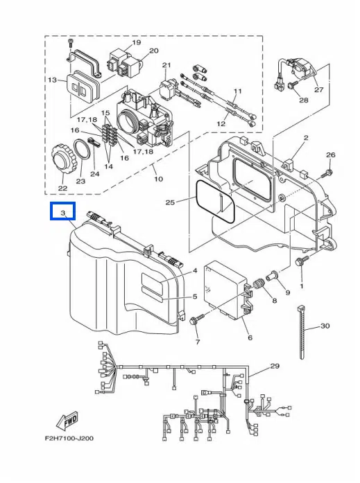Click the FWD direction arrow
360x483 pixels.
click(x=67, y=421)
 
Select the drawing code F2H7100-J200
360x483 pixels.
click(x=69, y=438)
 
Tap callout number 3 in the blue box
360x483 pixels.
click(x=63, y=213)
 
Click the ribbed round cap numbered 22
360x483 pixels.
click(x=62, y=159)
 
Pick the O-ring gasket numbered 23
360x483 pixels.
click(x=83, y=150)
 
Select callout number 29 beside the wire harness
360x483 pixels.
click(x=275, y=366)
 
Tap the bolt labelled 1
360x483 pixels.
click(x=302, y=261)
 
